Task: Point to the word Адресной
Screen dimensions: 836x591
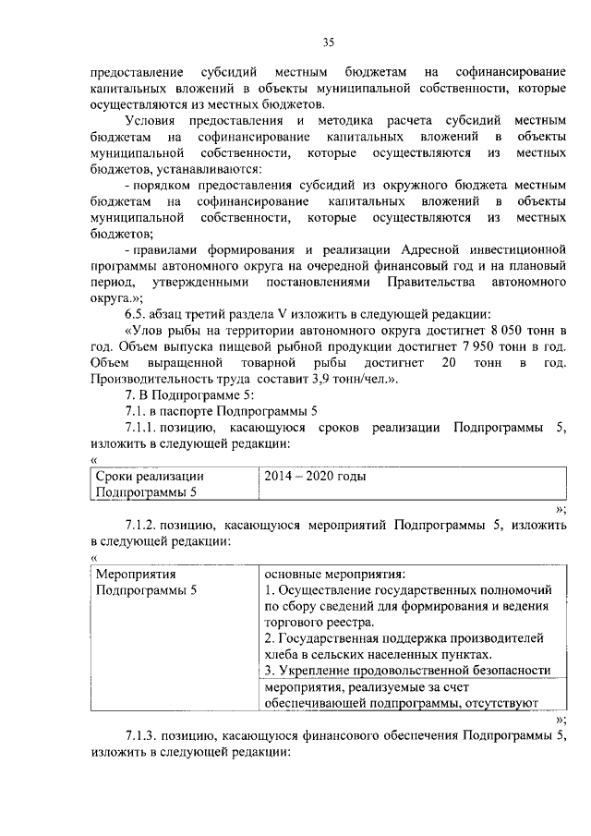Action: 440,249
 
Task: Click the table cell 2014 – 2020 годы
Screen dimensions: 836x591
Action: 314,477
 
